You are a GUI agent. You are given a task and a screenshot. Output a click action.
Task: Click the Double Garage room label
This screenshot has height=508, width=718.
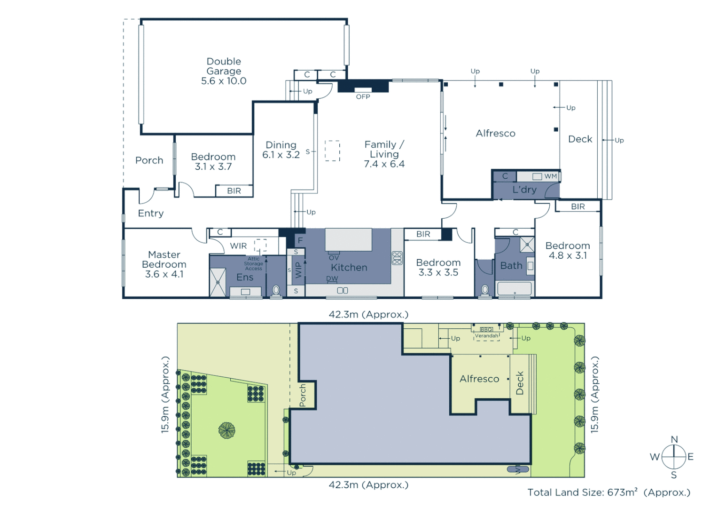pos(224,66)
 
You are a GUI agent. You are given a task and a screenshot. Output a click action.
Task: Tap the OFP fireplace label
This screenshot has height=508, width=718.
pos(363,97)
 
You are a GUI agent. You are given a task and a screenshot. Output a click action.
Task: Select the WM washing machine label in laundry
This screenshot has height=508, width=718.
pos(550,176)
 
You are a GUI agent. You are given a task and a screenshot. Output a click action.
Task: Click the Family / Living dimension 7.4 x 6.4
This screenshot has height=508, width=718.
pos(384,164)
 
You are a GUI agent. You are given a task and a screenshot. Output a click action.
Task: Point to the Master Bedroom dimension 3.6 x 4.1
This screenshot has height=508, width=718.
pos(164,274)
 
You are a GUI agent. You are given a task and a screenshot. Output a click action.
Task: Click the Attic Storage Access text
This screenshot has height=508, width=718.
pos(253,263)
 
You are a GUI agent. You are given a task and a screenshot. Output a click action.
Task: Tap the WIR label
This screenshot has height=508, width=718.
pos(238,246)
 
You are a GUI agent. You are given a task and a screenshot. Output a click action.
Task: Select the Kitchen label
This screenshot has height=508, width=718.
pos(349,268)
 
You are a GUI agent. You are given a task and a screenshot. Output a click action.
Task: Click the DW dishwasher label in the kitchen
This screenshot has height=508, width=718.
pos(332,278)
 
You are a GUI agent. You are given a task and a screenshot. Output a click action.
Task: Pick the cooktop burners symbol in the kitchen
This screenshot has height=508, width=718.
pos(397,258)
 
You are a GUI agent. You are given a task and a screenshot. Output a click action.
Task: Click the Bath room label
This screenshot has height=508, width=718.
pos(511,266)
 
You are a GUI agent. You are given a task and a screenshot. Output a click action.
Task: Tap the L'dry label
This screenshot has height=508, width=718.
pos(524,190)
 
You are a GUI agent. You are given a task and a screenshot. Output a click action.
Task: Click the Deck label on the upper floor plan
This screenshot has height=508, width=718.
pos(580,139)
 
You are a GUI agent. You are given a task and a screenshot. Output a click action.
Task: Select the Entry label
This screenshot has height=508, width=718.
pos(151,214)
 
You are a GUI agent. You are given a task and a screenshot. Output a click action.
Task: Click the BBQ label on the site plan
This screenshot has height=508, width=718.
pos(486,330)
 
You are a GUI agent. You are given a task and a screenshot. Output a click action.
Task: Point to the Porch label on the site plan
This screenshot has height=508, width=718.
pos(303,395)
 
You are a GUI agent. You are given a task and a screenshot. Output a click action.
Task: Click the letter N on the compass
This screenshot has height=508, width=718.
pos(674,439)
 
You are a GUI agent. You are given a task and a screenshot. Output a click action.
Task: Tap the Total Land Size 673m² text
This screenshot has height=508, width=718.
pos(609,492)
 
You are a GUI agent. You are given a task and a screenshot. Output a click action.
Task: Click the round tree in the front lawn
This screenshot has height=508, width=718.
pos(226,430)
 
